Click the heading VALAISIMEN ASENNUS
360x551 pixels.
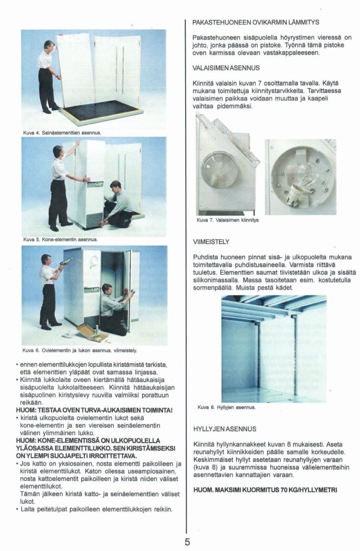tap(226, 68)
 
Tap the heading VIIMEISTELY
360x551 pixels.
tap(211, 242)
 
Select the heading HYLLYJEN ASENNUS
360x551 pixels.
tap(225, 429)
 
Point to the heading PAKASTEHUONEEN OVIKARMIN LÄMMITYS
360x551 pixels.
tap(256, 22)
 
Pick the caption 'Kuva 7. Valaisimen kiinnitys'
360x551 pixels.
tap(228, 220)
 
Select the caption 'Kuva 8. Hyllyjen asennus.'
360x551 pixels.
tap(227, 408)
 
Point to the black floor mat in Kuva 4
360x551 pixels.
tap(100, 111)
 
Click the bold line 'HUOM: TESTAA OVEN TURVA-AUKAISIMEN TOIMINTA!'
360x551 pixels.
tap(94, 410)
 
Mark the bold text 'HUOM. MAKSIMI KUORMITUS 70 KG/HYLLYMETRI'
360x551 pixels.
tap(265, 490)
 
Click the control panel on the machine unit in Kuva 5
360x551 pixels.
tap(96, 185)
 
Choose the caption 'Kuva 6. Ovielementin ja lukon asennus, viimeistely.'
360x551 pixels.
tap(80, 351)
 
